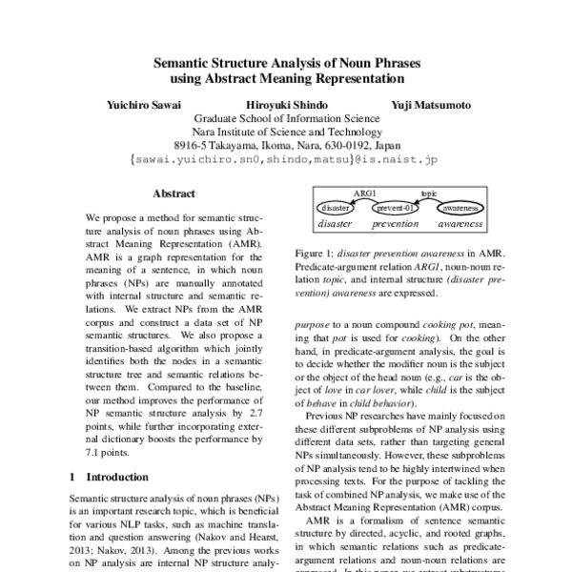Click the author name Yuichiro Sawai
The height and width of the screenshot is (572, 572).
click(144, 104)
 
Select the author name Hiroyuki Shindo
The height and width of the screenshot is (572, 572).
click(285, 104)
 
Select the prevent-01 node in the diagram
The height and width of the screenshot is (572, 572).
click(394, 207)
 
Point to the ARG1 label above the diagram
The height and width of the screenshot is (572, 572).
click(364, 192)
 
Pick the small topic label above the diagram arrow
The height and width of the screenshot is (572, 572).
click(428, 192)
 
